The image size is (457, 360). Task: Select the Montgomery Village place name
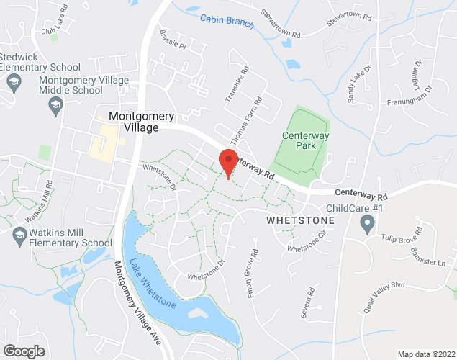[x=141, y=121]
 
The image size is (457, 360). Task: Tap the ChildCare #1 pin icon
[x=368, y=222]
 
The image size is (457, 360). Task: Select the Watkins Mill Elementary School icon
[x=19, y=233]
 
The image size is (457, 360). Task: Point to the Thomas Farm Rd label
[x=245, y=127]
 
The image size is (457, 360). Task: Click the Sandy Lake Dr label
[x=359, y=85]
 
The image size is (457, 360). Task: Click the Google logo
[x=23, y=351]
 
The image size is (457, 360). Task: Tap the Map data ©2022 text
[x=427, y=354]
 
